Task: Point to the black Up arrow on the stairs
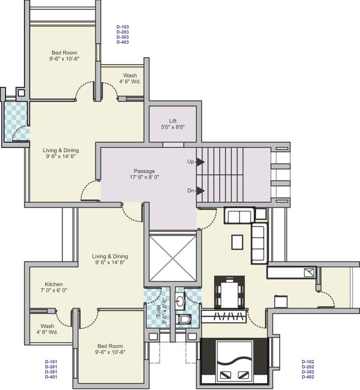click(201, 162)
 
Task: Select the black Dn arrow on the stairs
click(201, 191)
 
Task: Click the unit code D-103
click(122, 26)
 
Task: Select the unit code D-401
click(51, 377)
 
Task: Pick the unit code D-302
click(308, 372)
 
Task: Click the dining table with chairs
click(230, 292)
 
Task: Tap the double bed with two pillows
click(234, 361)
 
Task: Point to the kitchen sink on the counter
click(309, 273)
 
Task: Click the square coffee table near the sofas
click(237, 242)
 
